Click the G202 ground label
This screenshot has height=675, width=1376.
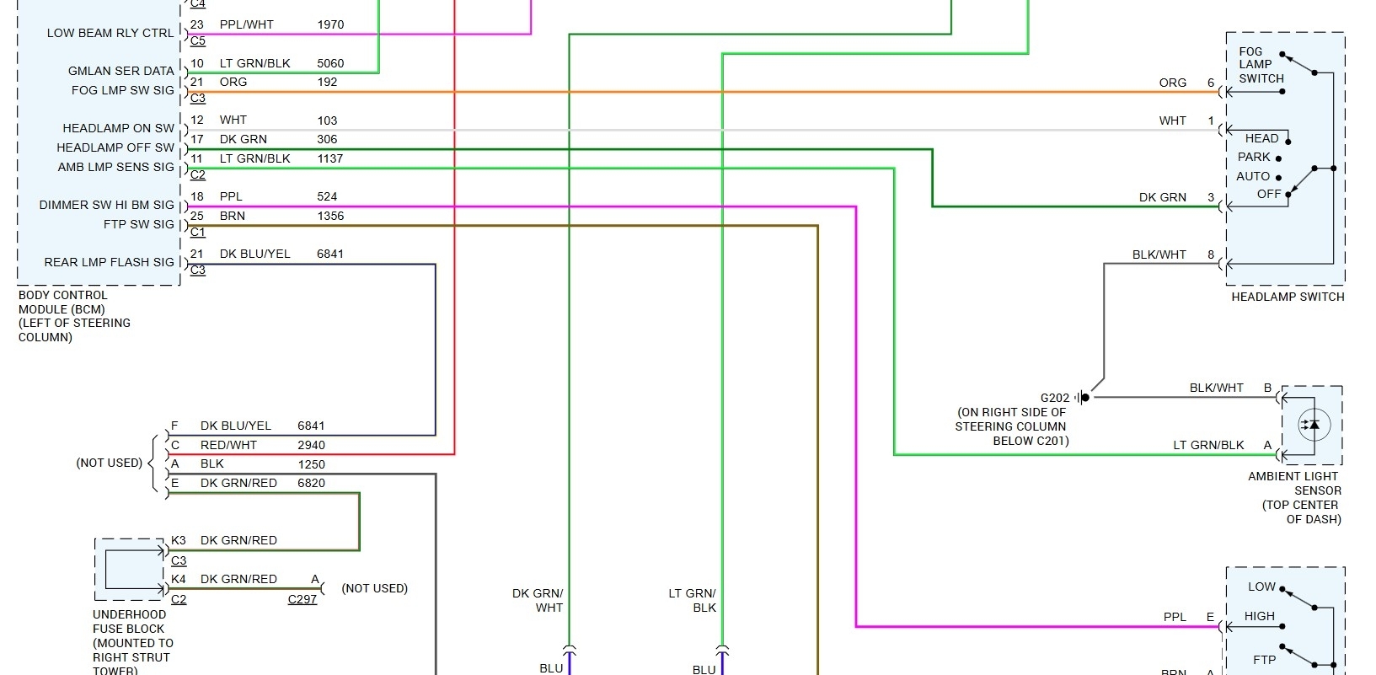click(x=1054, y=398)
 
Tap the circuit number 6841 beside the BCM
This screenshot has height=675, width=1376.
click(x=330, y=254)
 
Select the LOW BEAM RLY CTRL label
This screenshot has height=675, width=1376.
click(x=110, y=33)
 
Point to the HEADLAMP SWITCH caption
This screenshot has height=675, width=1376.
click(x=1288, y=297)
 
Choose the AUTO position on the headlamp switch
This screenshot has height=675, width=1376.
click(x=1253, y=176)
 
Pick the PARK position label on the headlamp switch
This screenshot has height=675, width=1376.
click(x=1254, y=157)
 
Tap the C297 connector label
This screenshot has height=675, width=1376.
click(x=303, y=599)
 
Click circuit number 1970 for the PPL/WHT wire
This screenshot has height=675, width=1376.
click(x=330, y=24)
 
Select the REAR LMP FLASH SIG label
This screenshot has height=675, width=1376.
click(x=110, y=262)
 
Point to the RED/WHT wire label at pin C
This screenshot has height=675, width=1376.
click(x=228, y=445)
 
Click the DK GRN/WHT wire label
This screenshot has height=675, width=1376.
click(x=538, y=600)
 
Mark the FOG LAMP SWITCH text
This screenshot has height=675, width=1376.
click(x=1261, y=65)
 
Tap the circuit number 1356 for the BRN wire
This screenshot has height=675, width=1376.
click(x=330, y=216)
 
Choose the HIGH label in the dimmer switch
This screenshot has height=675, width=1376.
click(x=1260, y=616)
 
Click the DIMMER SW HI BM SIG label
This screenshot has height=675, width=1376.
click(x=107, y=205)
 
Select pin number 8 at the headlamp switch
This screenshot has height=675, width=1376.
click(x=1211, y=254)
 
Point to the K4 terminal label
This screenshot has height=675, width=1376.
click(x=179, y=579)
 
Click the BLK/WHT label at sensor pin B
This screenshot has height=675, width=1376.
click(x=1216, y=388)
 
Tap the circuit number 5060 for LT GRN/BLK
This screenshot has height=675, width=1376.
click(x=330, y=63)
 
